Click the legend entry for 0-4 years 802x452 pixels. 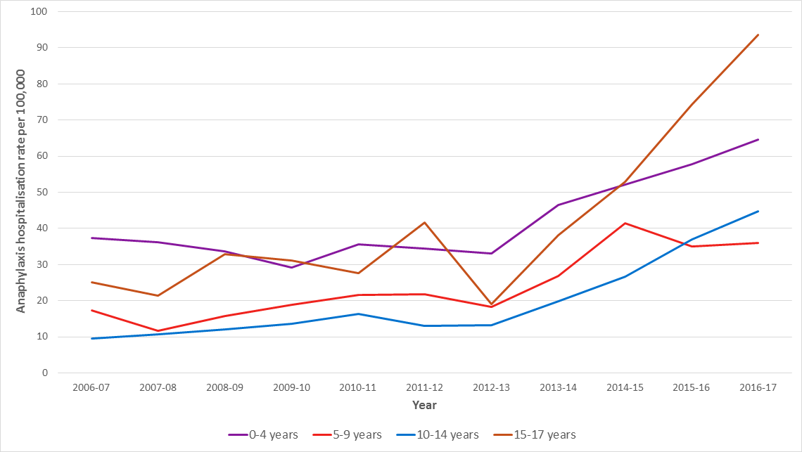[264, 434]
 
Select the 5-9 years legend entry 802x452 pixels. [348, 434]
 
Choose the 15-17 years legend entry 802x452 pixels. [542, 434]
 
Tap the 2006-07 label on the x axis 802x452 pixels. [91, 388]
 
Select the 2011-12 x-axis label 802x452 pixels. [424, 388]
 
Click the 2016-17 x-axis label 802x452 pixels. [758, 388]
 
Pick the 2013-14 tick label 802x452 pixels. [558, 388]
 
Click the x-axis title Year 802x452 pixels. [424, 405]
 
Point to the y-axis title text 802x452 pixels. [21, 191]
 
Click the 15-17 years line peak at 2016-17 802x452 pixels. [758, 34]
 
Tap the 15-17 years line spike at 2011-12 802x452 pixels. [424, 222]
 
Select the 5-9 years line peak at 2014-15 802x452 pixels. [625, 223]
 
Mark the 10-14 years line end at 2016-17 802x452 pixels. [758, 211]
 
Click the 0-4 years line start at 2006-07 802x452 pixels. [91, 238]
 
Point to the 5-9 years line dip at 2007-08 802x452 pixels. [158, 330]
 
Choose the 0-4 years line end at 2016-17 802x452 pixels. [758, 139]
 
